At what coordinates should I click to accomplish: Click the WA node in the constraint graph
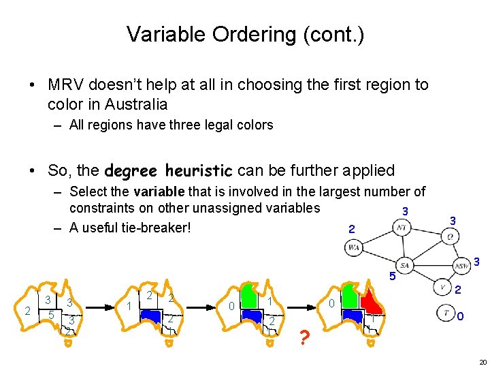point(354,248)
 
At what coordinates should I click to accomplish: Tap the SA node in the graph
point(405,265)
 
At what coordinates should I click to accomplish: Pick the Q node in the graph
point(450,236)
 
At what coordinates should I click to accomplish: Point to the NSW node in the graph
point(461,265)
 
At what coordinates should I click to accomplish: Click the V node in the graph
point(442,288)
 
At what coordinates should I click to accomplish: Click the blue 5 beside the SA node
point(392,277)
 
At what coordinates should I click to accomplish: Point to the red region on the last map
point(371,300)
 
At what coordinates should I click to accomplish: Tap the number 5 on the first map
point(50,315)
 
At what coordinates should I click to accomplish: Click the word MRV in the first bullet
point(64,85)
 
